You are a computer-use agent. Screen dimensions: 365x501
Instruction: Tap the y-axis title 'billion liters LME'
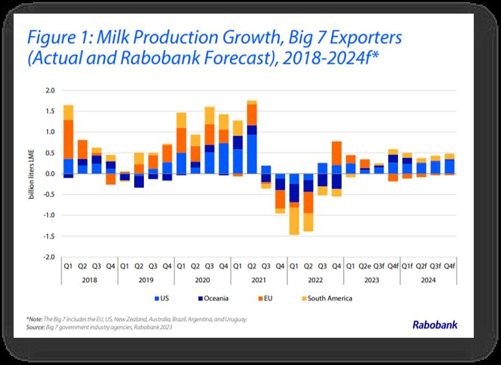pyautogui.click(x=31, y=174)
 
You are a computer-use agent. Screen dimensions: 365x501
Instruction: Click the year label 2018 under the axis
pyautogui.click(x=89, y=280)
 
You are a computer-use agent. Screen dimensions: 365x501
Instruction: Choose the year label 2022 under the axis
pyautogui.click(x=316, y=280)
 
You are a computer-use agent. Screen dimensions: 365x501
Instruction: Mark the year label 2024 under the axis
pyautogui.click(x=428, y=280)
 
